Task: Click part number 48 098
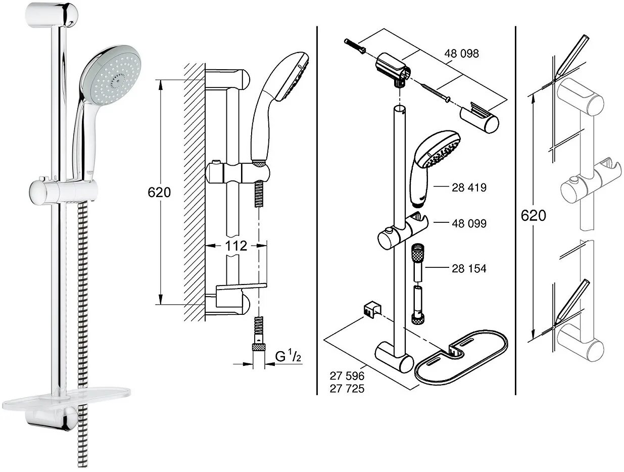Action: click(x=461, y=54)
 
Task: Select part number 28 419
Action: click(x=469, y=187)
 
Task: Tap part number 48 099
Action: click(x=469, y=223)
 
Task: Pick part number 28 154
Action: click(x=469, y=269)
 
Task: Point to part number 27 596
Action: click(x=347, y=376)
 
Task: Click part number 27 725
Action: click(x=347, y=389)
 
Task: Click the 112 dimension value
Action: click(x=236, y=246)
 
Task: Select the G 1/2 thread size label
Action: click(x=288, y=357)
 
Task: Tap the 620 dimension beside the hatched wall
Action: click(x=159, y=193)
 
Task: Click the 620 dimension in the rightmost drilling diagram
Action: click(x=534, y=215)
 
